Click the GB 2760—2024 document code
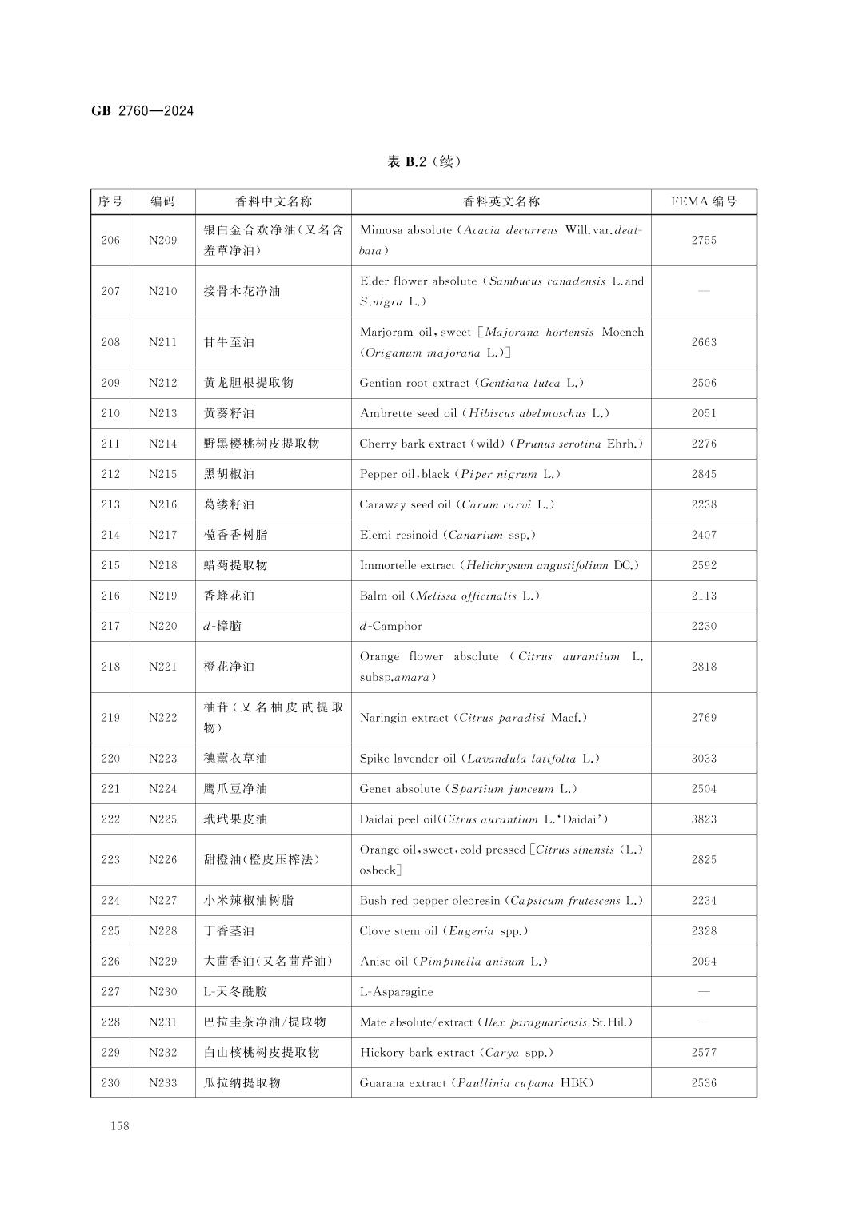click(x=142, y=111)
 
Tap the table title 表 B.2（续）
click(x=423, y=162)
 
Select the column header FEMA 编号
click(x=703, y=201)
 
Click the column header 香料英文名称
click(x=501, y=201)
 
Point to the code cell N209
click(x=162, y=240)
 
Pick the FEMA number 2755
click(x=703, y=240)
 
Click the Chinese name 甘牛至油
click(x=229, y=342)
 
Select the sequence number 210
click(x=110, y=413)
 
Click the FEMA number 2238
click(x=703, y=504)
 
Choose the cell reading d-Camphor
click(x=390, y=626)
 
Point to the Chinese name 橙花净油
click(x=229, y=667)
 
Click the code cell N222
click(x=162, y=718)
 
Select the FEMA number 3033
click(x=703, y=759)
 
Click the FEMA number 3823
click(x=703, y=819)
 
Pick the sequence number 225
click(x=110, y=931)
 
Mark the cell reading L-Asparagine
click(x=396, y=992)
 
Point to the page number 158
click(x=120, y=1126)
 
